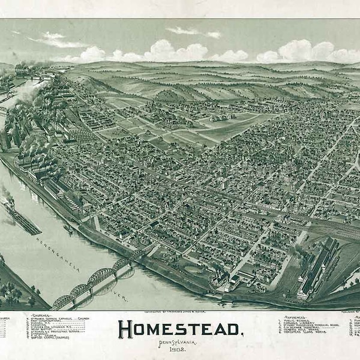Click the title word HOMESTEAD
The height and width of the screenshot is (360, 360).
click(181, 329)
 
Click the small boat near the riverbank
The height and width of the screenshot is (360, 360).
click(68, 229)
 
